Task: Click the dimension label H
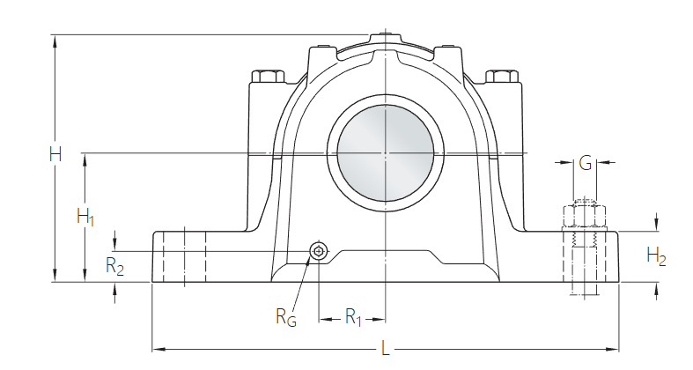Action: coord(55,155)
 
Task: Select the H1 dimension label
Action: coord(85,217)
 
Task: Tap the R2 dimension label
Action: coord(114,267)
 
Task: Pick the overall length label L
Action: coord(385,350)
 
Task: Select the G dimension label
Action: coord(585,162)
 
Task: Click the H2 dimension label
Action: coord(656,256)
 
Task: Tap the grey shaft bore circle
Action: coord(386,155)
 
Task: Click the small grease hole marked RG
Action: coord(318,253)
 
